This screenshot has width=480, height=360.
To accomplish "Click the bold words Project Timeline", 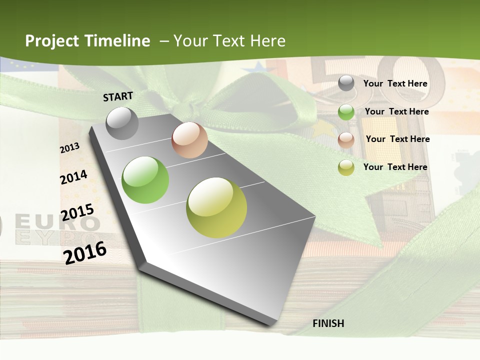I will pos(87,41).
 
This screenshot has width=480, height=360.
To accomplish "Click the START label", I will pos(118,96).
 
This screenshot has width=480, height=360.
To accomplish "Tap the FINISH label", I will pos(328,323).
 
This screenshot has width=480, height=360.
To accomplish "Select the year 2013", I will pos(69,148).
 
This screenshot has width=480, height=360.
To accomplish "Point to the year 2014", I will pos(73,177).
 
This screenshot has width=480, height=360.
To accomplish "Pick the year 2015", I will pos(77,212).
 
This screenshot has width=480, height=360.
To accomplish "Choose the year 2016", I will pos(85,252).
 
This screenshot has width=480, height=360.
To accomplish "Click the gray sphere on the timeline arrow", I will pos(122,123).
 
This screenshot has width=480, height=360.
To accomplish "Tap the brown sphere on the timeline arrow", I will pos(189,140).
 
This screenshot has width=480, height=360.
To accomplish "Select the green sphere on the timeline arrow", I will pos(145,180).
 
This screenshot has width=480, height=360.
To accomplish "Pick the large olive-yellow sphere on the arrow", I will pos(216,207).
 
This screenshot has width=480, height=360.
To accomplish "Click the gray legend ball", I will pos(346,83).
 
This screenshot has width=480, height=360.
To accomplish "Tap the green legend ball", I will pos(346,112).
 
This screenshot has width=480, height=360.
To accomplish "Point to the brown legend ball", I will pos(346,140).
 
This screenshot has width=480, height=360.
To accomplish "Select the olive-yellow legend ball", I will pos(346,167).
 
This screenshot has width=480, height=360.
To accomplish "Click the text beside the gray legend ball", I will pos(395,83).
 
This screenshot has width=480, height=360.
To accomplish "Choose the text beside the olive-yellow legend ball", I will pos(395,167).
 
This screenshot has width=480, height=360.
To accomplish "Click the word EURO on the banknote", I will pos(57,222).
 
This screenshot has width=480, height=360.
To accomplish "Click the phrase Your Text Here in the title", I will pos(229,41).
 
